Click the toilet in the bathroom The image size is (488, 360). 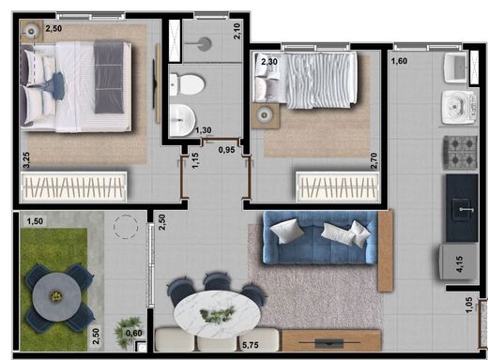click(187, 84)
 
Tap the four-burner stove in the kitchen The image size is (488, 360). click(460, 153)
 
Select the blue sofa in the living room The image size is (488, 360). click(320, 238)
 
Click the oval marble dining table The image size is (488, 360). click(217, 314)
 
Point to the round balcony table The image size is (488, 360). click(56, 296)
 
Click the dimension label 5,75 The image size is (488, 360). click(251, 345)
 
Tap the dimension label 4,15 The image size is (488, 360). click(460, 264)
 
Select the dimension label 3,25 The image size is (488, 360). click(26, 160)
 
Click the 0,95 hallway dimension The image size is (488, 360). click(226, 150)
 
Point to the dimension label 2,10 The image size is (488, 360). click(237, 31)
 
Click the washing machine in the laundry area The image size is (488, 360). click(460, 107)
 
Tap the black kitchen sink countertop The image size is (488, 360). click(462, 208)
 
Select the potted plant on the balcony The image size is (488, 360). click(129, 331)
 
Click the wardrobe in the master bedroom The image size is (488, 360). click(74, 187)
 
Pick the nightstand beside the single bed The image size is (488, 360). click(265, 115)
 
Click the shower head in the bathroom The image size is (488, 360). click(205, 44)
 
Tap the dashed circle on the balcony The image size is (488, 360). click(126, 227)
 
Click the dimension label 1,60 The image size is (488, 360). click(399, 61)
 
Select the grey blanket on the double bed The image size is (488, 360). click(109, 77)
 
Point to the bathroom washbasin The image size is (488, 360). click(182, 120)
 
